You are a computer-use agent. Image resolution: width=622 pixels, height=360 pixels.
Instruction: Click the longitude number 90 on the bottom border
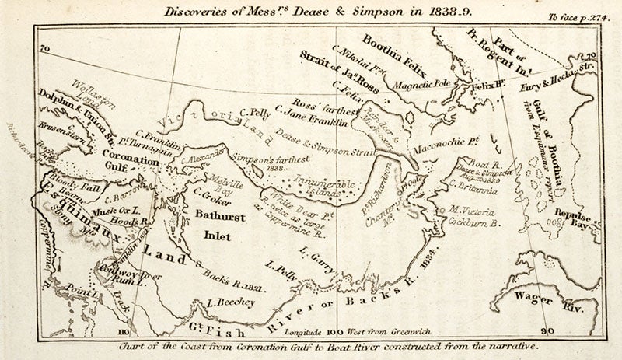[x=549, y=331]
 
